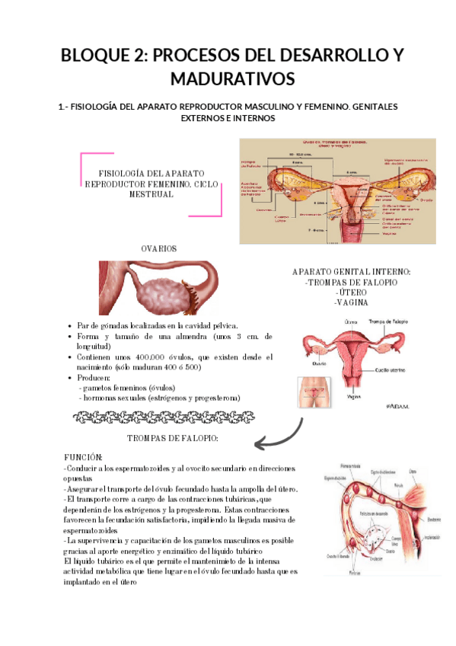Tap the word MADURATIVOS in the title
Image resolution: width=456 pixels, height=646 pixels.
tap(228, 78)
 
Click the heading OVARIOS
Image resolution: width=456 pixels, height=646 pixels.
tap(158, 249)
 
